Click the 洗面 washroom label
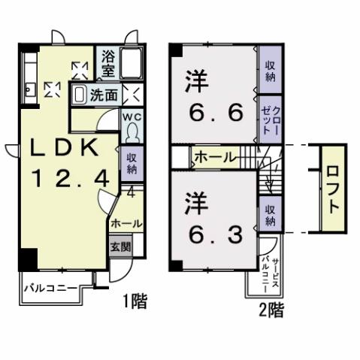[104, 95]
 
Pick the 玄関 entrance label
[119, 246]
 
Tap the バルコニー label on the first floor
[47, 288]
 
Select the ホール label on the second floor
[214, 158]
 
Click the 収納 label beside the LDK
[131, 165]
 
